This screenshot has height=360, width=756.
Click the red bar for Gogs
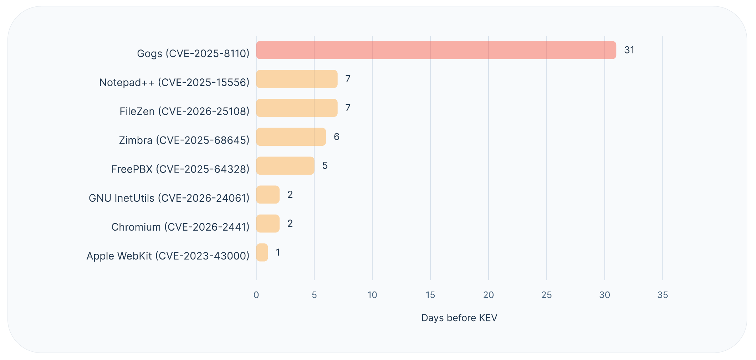click(x=436, y=50)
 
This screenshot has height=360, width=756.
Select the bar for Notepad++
click(x=297, y=79)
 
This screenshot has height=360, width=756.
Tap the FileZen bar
click(x=297, y=108)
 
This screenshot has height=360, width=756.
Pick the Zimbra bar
click(x=291, y=137)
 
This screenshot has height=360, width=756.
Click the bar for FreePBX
click(x=285, y=165)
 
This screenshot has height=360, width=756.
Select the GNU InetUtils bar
click(x=268, y=195)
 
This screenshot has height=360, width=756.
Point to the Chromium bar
click(x=268, y=223)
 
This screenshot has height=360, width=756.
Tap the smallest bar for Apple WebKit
click(x=262, y=252)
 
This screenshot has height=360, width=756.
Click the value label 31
click(x=629, y=50)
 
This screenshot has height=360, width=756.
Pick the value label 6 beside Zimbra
click(x=336, y=137)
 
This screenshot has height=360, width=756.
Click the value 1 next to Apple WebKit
click(x=278, y=252)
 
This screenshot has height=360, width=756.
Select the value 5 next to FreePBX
click(x=325, y=165)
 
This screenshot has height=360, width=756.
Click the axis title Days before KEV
click(x=459, y=318)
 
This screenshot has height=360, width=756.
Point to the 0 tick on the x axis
click(x=256, y=295)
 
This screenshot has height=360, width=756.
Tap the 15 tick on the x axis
click(x=430, y=295)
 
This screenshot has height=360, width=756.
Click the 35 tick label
click(x=662, y=295)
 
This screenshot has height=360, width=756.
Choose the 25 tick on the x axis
click(x=546, y=295)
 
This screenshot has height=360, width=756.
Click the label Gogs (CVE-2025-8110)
click(x=193, y=53)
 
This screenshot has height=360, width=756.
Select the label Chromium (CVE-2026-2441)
click(x=180, y=227)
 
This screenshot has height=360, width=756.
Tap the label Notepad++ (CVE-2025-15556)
click(x=174, y=82)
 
